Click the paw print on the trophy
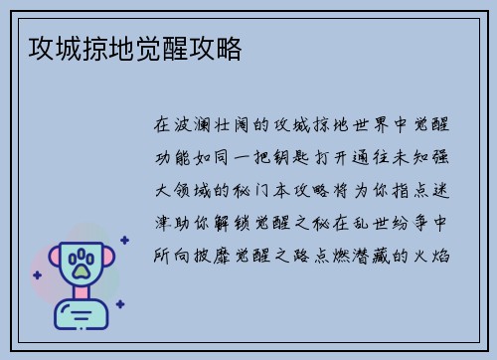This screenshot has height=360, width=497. pyautogui.click(x=82, y=264)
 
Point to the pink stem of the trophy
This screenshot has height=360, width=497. pyautogui.click(x=82, y=295)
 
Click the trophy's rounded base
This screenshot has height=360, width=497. pyautogui.click(x=82, y=316)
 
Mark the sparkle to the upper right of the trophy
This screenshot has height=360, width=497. pyautogui.click(x=124, y=240)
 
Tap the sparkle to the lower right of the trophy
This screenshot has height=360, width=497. pyautogui.click(x=119, y=302)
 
